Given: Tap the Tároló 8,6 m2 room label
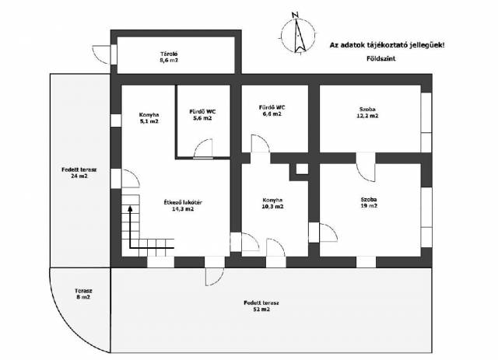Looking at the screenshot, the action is [169, 57].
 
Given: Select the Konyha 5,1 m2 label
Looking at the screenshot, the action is [149, 118].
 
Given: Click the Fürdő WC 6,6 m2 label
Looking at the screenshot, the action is [272, 110].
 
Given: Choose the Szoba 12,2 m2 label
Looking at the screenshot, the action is [367, 113].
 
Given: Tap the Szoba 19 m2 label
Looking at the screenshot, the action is [369, 202].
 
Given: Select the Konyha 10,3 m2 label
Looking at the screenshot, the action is [272, 203].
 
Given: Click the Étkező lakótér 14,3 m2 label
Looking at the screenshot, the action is [183, 205].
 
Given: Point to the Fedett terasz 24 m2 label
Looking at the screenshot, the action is [79, 173].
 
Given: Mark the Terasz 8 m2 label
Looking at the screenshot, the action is [83, 294].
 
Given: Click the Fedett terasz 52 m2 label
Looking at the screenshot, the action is [261, 306].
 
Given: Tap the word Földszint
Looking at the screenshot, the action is [381, 59].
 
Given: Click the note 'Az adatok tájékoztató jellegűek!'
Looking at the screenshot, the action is [388, 45].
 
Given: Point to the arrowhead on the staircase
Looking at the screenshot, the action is [130, 208].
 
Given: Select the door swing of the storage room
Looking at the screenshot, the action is [101, 54].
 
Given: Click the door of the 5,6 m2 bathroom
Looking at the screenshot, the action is [203, 149].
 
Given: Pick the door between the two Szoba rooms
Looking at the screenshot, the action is [366, 167].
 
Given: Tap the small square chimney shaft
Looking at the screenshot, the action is [302, 169].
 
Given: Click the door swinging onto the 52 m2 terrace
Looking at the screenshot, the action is [215, 277].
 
